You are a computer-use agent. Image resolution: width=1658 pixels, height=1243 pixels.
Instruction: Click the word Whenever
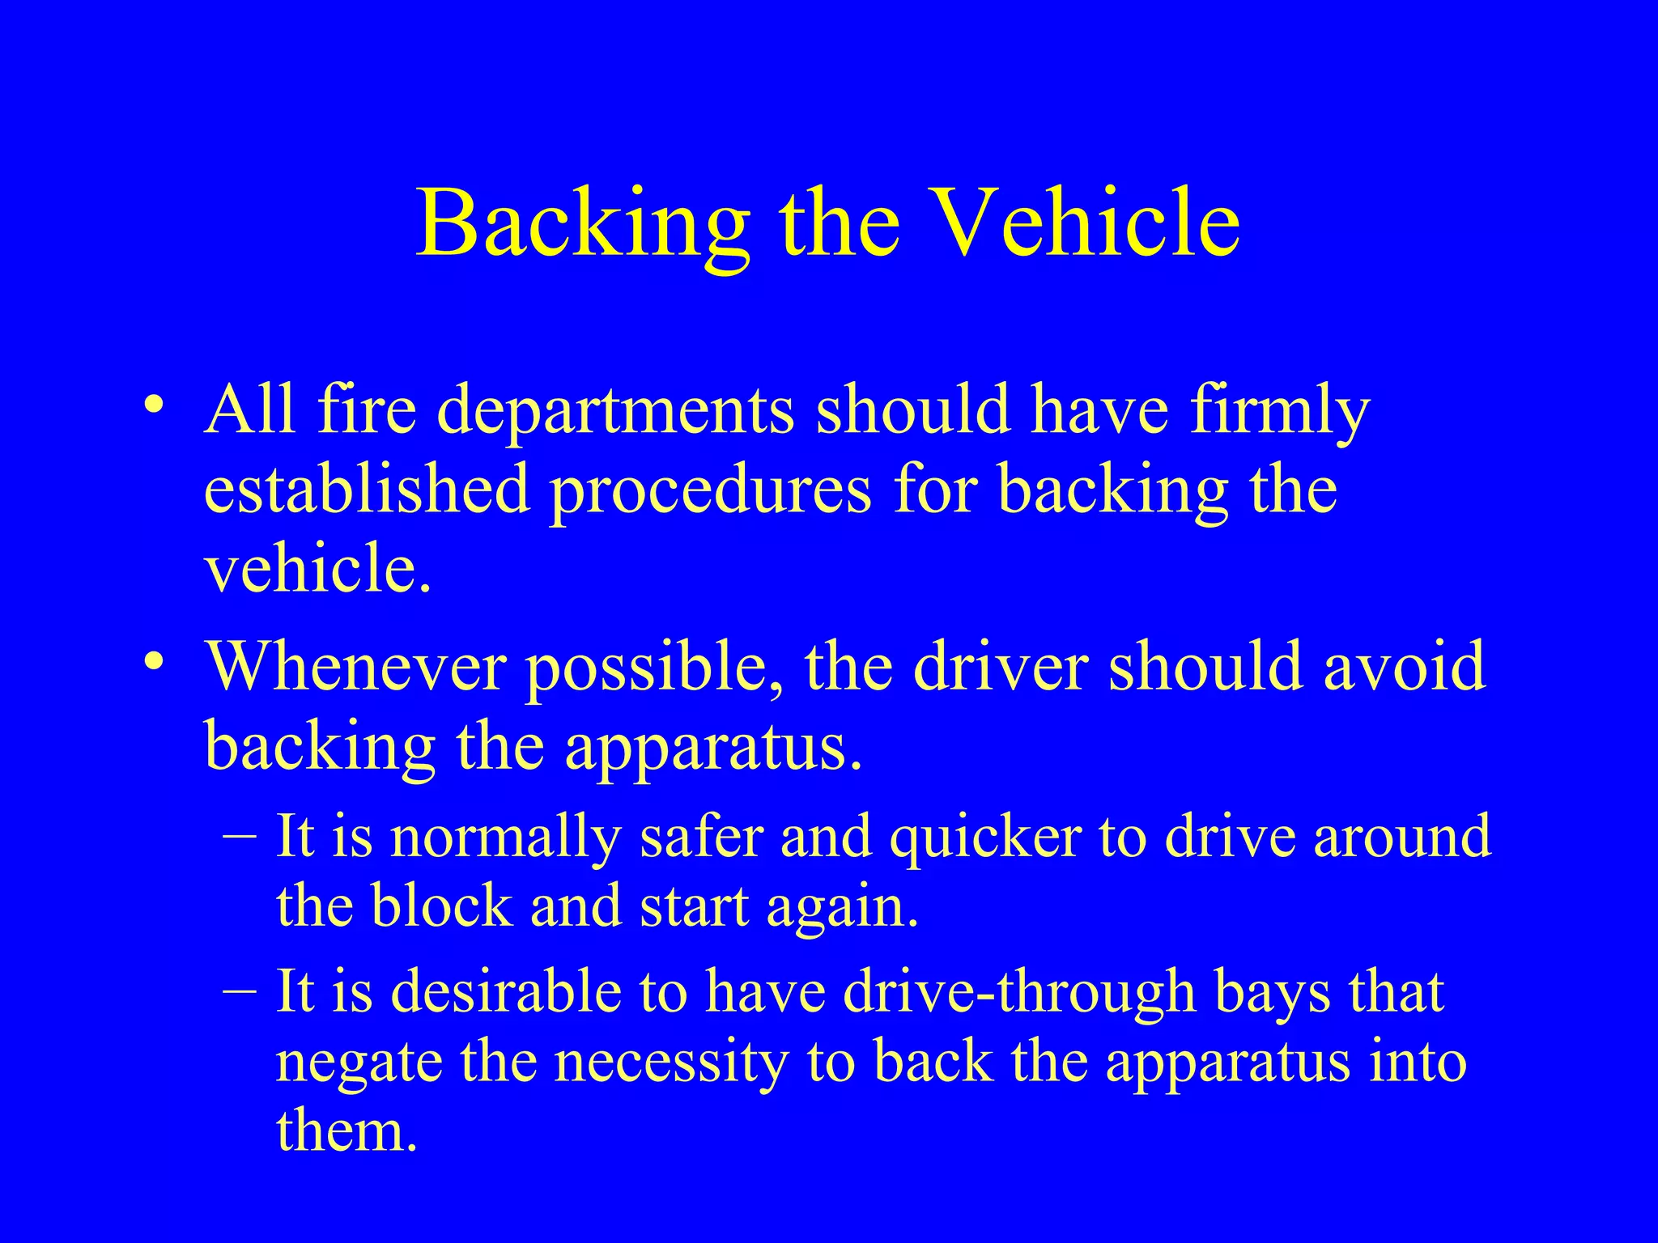click(x=356, y=665)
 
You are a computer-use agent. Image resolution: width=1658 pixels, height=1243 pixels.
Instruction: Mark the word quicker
click(x=985, y=838)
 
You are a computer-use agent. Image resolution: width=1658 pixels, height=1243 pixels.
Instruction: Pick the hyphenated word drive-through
click(x=1019, y=992)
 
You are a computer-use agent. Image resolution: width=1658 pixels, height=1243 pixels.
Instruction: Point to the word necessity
click(x=672, y=1063)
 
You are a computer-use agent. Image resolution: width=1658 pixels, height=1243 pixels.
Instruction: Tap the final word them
click(x=346, y=1131)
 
